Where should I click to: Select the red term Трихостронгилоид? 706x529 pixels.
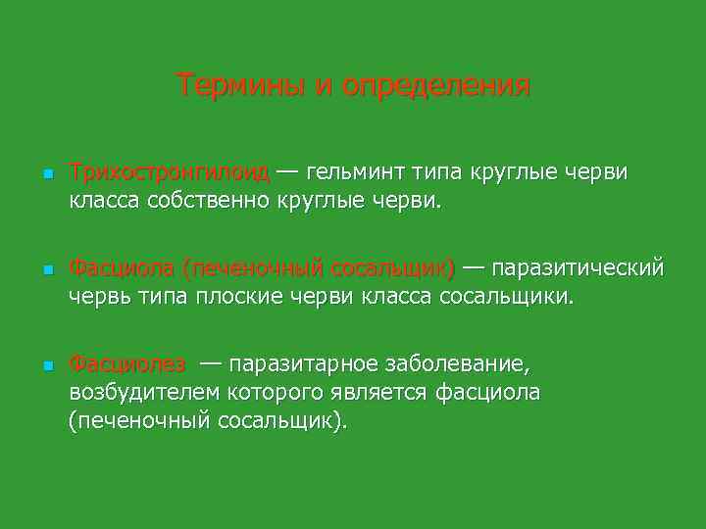pyautogui.click(x=170, y=173)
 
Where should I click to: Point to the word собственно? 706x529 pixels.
pyautogui.click(x=206, y=202)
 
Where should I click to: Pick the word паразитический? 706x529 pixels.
pyautogui.click(x=578, y=268)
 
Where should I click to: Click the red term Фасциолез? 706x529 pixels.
pyautogui.click(x=126, y=364)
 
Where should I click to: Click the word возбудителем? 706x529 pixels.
pyautogui.click(x=148, y=392)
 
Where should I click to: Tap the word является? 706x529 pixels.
pyautogui.click(x=382, y=392)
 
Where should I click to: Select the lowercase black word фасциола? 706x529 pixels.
pyautogui.click(x=492, y=392)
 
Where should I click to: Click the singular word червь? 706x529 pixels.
pyautogui.click(x=95, y=296)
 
